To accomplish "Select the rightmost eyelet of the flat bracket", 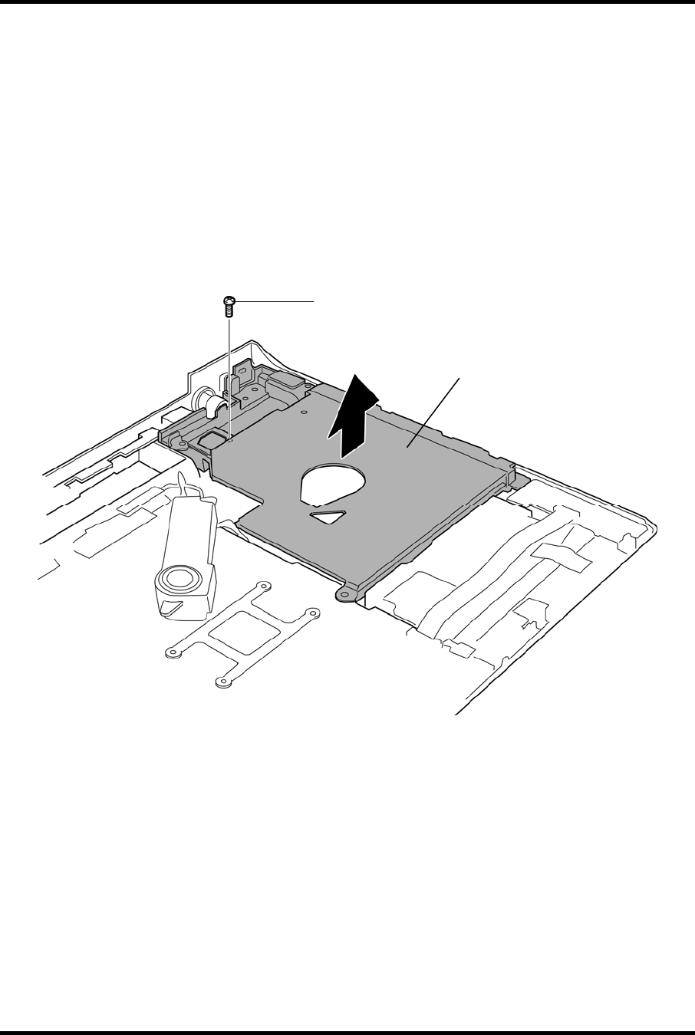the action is (312, 613).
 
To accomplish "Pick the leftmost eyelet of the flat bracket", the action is (172, 654).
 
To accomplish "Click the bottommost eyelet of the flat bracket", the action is (222, 679).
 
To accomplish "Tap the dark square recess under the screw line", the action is (211, 438).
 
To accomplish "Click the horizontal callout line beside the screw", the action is (276, 301).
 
